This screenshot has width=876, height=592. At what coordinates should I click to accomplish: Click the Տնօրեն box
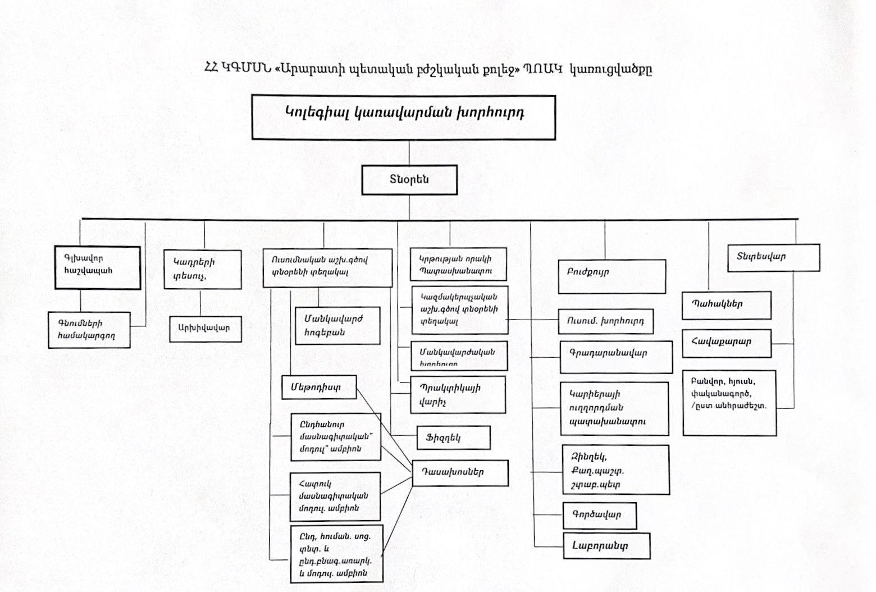click(409, 180)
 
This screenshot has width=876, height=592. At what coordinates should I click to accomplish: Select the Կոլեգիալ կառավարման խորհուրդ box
click(403, 117)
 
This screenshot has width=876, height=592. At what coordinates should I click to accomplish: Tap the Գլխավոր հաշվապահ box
click(97, 267)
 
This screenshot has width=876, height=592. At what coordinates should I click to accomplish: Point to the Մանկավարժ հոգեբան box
click(337, 325)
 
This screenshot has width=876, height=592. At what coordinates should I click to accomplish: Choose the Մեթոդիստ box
click(319, 387)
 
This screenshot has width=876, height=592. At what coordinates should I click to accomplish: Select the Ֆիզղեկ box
click(453, 438)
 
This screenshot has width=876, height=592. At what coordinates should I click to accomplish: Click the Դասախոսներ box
click(460, 472)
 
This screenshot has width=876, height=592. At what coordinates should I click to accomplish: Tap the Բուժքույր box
click(612, 276)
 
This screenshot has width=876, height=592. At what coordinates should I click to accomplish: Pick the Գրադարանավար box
click(615, 356)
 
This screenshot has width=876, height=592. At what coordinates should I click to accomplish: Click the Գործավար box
click(599, 515)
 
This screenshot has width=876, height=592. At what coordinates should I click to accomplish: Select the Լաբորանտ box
click(606, 545)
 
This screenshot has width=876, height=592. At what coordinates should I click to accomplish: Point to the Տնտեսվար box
click(773, 258)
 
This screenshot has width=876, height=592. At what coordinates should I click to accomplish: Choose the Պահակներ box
click(726, 305)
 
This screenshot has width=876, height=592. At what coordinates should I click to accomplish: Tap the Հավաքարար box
click(726, 342)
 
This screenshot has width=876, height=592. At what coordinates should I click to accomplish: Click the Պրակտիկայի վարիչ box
click(457, 395)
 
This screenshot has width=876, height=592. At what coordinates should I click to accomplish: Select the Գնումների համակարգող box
click(89, 330)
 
